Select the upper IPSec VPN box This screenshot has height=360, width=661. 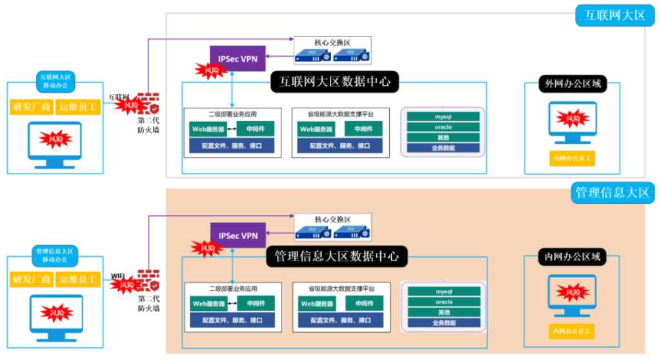click(x=238, y=59)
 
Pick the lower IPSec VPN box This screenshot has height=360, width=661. click(x=238, y=235)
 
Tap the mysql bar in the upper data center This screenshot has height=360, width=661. click(x=443, y=117)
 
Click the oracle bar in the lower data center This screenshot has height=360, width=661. click(x=443, y=302)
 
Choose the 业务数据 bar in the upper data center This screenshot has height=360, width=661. click(x=443, y=148)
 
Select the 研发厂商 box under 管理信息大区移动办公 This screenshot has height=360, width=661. click(x=32, y=280)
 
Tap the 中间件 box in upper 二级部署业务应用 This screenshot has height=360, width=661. click(x=255, y=128)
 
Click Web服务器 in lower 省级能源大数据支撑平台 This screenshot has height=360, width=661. click(x=316, y=303)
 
